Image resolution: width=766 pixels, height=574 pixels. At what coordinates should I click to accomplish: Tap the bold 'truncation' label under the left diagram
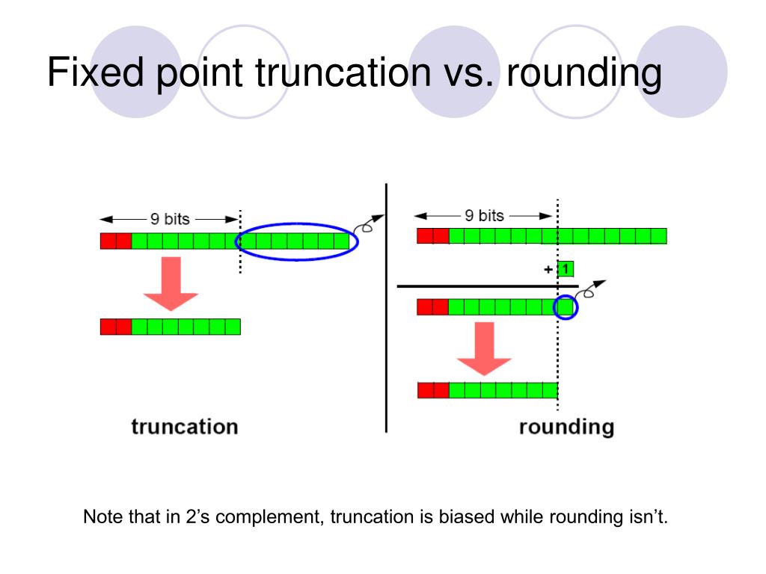coord(185,427)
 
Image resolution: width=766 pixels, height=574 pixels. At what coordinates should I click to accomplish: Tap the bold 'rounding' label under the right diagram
coord(566,427)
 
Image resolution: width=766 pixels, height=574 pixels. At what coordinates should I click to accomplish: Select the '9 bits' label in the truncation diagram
coord(170,219)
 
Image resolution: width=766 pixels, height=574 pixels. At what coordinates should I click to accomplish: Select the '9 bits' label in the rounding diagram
coord(484,216)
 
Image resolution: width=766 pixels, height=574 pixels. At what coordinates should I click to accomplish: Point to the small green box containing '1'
coord(566,268)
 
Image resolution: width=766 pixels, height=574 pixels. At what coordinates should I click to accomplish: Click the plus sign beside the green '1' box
coord(548,269)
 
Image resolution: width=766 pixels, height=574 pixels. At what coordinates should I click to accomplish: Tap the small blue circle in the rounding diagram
coord(566,306)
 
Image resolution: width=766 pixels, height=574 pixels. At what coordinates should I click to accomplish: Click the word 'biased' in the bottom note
coord(465,517)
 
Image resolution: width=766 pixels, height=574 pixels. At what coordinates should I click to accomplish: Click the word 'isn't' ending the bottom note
coord(649,517)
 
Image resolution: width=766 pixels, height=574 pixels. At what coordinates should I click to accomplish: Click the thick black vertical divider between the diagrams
coord(386,306)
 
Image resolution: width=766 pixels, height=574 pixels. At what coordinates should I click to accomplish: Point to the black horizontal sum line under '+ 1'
coord(486,286)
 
